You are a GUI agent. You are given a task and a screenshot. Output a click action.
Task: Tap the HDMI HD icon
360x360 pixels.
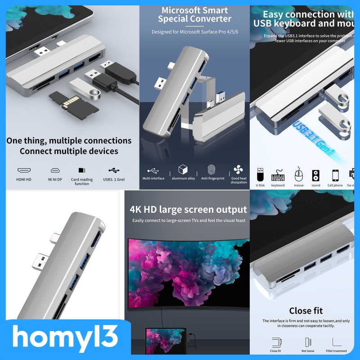tap(24, 171)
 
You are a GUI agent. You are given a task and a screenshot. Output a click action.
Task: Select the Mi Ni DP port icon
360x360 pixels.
tap(55, 171)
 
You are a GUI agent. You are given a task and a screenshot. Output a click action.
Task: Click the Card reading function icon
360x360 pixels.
tap(82, 171)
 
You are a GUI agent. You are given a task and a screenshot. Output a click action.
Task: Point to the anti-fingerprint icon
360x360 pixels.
tap(212, 170)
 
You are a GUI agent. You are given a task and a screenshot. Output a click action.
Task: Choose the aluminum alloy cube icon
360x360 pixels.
tap(183, 170)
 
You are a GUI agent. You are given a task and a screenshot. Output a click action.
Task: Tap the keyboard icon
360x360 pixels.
tap(278, 175)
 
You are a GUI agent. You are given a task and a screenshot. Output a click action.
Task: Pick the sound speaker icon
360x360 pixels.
tap(315, 175)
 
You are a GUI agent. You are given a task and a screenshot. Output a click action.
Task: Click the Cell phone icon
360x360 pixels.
tap(335, 175)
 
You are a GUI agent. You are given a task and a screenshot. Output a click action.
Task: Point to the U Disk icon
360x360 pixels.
tap(261, 174)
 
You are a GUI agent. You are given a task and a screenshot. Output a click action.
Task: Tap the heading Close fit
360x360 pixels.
tap(306, 310)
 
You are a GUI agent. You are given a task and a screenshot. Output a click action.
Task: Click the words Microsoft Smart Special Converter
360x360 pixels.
tap(194, 14)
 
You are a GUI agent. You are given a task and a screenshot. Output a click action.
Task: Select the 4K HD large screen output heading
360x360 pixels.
tap(188, 210)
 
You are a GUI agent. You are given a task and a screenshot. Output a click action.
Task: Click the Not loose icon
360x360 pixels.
tap(307, 342)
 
